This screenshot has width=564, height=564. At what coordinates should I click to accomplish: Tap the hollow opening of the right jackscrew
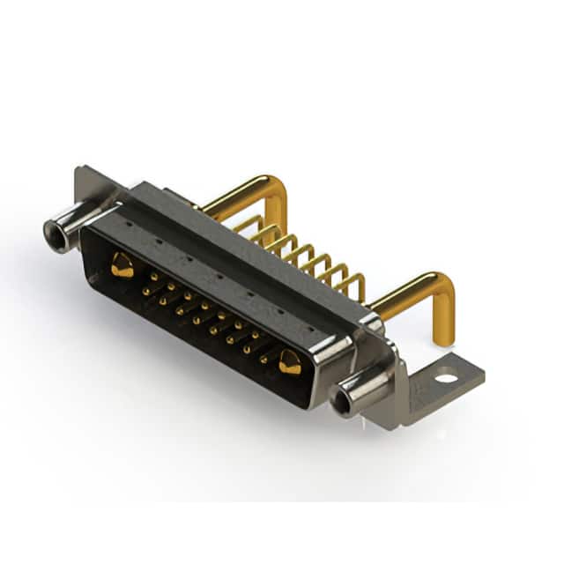click(x=342, y=403)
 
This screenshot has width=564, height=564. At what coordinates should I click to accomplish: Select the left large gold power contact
click(x=122, y=264)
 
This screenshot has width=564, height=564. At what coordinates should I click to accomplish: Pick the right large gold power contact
click(x=289, y=361)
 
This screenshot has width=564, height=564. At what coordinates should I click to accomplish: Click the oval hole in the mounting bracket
click(x=447, y=378)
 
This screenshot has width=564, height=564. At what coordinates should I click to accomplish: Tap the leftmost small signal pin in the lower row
click(x=145, y=290)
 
